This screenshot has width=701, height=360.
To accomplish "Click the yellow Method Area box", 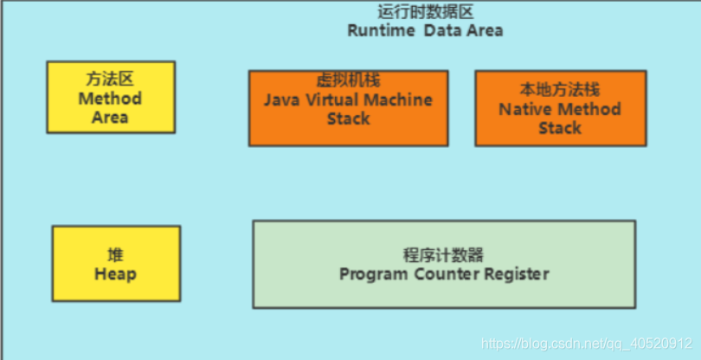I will pos(111,97).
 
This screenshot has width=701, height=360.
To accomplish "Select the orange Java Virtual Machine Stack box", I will pos(348,108).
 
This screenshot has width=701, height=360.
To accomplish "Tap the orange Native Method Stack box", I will pos(560,108).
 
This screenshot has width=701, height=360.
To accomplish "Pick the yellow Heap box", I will pos(116,264).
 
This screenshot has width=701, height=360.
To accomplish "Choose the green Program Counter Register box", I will pos(444,264).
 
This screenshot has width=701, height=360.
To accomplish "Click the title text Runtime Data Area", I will pos(425,30).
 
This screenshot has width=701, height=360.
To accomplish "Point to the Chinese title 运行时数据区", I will pos(425,12).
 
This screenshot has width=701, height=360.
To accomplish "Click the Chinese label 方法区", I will pos(111,79).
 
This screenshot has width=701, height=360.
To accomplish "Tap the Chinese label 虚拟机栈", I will pos(348,81).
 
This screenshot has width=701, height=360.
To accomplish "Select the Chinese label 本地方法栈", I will pos(560,90).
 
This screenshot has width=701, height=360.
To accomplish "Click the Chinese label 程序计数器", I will pos(444,255).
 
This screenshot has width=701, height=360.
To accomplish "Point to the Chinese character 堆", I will pos(115,255).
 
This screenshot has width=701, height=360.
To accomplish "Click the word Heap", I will pos(115,274).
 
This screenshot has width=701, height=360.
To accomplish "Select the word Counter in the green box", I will pos(445,274).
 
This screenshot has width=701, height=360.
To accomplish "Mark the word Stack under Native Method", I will pos(560,128).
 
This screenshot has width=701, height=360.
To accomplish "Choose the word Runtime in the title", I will pos(379,30).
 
